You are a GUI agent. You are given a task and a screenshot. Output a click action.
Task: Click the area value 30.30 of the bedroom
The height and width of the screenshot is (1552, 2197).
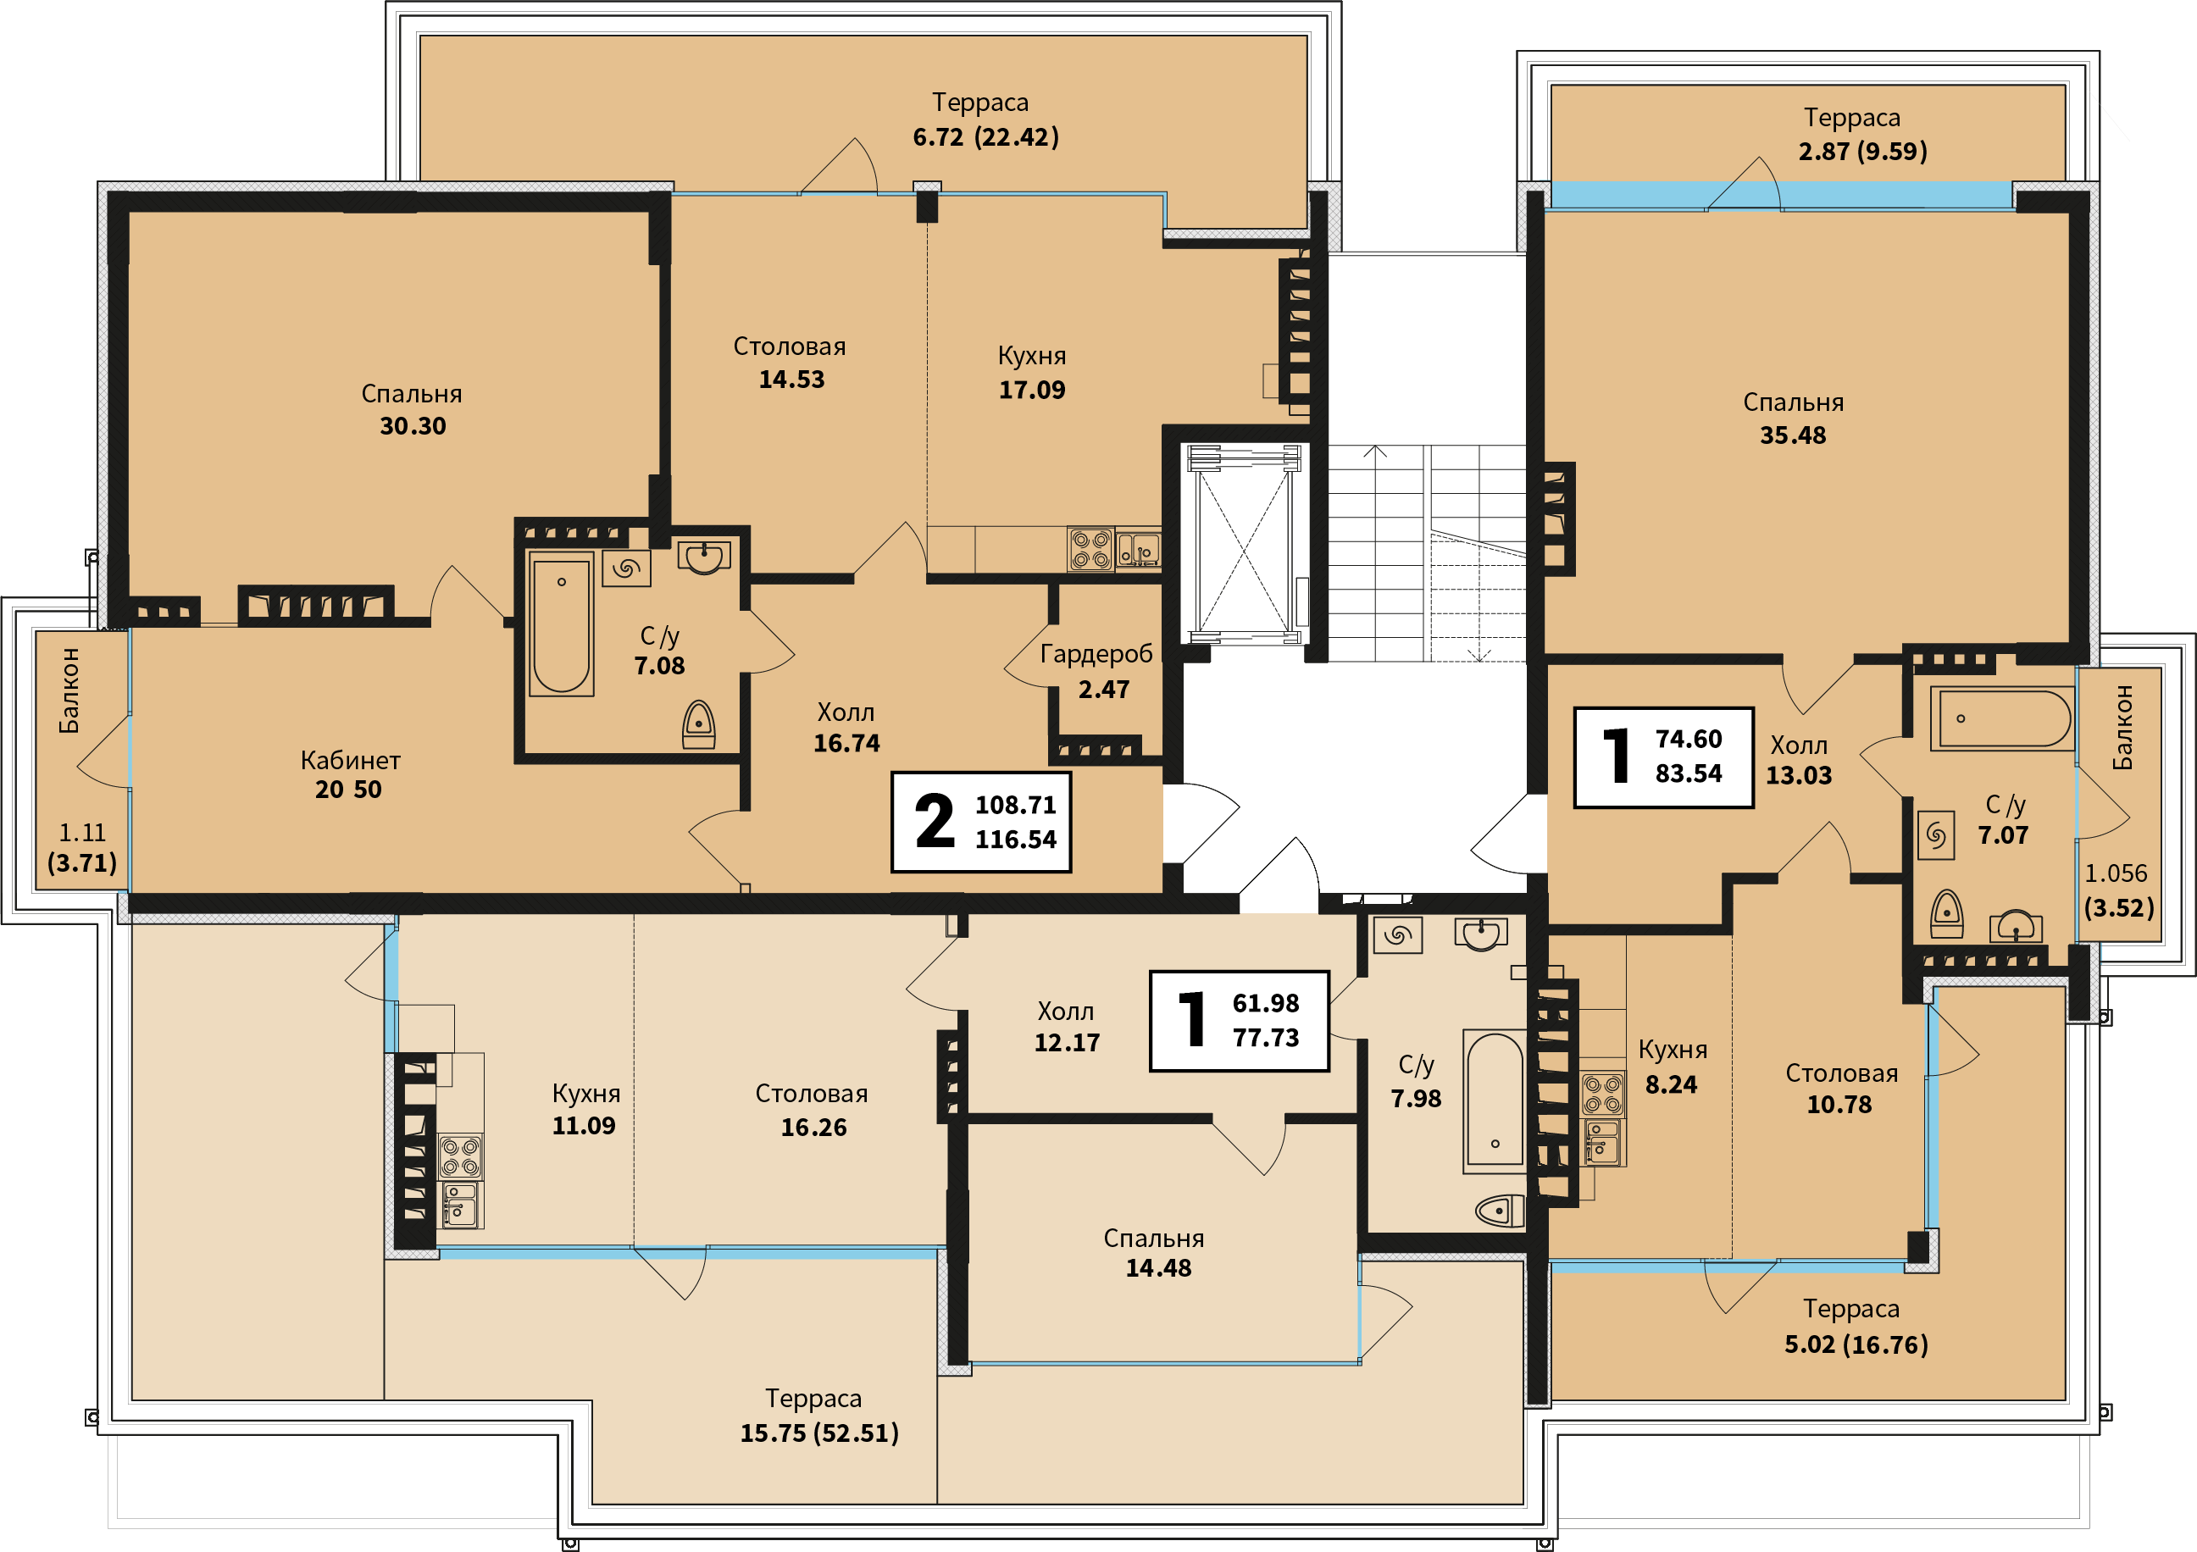click(x=413, y=426)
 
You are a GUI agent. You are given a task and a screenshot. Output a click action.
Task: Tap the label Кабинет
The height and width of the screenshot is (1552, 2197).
click(x=350, y=760)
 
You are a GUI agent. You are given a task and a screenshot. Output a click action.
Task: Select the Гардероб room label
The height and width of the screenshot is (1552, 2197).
click(x=1096, y=655)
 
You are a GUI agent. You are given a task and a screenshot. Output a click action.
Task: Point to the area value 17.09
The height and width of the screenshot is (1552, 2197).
click(x=1031, y=390)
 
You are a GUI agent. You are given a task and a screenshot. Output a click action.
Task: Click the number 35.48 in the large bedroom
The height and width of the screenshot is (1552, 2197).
click(x=1793, y=435)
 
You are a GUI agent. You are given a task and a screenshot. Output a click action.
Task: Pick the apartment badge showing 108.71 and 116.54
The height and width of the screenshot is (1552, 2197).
click(x=981, y=822)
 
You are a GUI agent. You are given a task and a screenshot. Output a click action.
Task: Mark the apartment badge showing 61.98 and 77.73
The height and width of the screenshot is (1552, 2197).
click(x=1240, y=1021)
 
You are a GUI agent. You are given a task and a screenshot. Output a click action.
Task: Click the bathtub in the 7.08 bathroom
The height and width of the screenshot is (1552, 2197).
click(x=562, y=624)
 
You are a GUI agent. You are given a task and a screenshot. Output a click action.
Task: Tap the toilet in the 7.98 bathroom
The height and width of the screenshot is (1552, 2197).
click(x=1501, y=1211)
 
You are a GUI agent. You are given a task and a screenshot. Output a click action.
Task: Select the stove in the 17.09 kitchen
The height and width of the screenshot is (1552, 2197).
click(x=1090, y=549)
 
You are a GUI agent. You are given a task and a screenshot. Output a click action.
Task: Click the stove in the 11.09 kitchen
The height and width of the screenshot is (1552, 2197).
click(x=460, y=1156)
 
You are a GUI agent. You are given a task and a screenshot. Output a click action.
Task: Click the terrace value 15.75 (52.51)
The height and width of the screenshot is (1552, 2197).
click(x=819, y=1433)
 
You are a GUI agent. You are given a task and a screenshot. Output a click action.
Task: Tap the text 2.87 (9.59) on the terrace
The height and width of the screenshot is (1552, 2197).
click(x=1863, y=151)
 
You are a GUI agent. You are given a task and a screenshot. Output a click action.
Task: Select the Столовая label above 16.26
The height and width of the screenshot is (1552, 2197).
click(x=812, y=1093)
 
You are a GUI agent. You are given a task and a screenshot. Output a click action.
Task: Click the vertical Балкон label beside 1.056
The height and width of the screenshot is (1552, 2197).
click(x=2122, y=727)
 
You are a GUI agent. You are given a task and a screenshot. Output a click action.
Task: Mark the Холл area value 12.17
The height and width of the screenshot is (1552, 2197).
click(x=1067, y=1042)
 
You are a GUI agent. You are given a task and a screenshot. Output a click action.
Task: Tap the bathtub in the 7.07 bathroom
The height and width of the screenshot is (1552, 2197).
click(x=2002, y=718)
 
